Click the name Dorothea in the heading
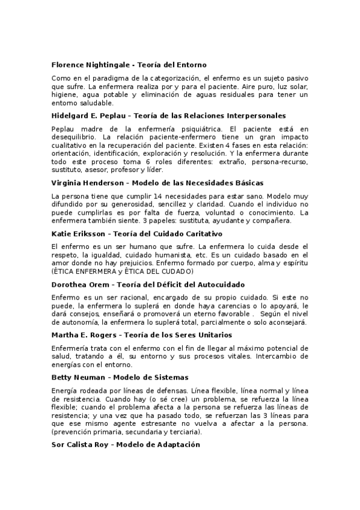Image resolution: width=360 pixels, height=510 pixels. pyautogui.click(x=70, y=284)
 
